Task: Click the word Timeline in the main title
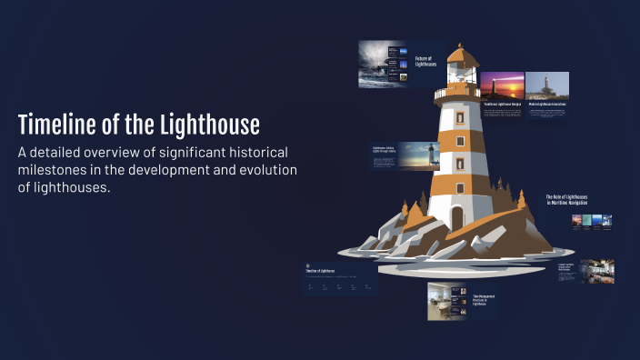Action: pos(60,125)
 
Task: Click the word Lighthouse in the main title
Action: pos(208,125)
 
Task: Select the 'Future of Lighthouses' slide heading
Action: pos(425,61)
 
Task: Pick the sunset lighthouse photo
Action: pos(501,85)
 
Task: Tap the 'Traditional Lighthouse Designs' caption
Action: pos(502,105)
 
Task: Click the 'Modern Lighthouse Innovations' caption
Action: pos(547,105)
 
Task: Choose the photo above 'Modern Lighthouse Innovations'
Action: pos(547,85)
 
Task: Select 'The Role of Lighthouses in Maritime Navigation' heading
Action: pos(566,200)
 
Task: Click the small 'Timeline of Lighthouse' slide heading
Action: pos(320,272)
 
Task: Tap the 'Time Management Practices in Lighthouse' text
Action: pos(484,300)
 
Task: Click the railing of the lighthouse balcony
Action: pos(457,92)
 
